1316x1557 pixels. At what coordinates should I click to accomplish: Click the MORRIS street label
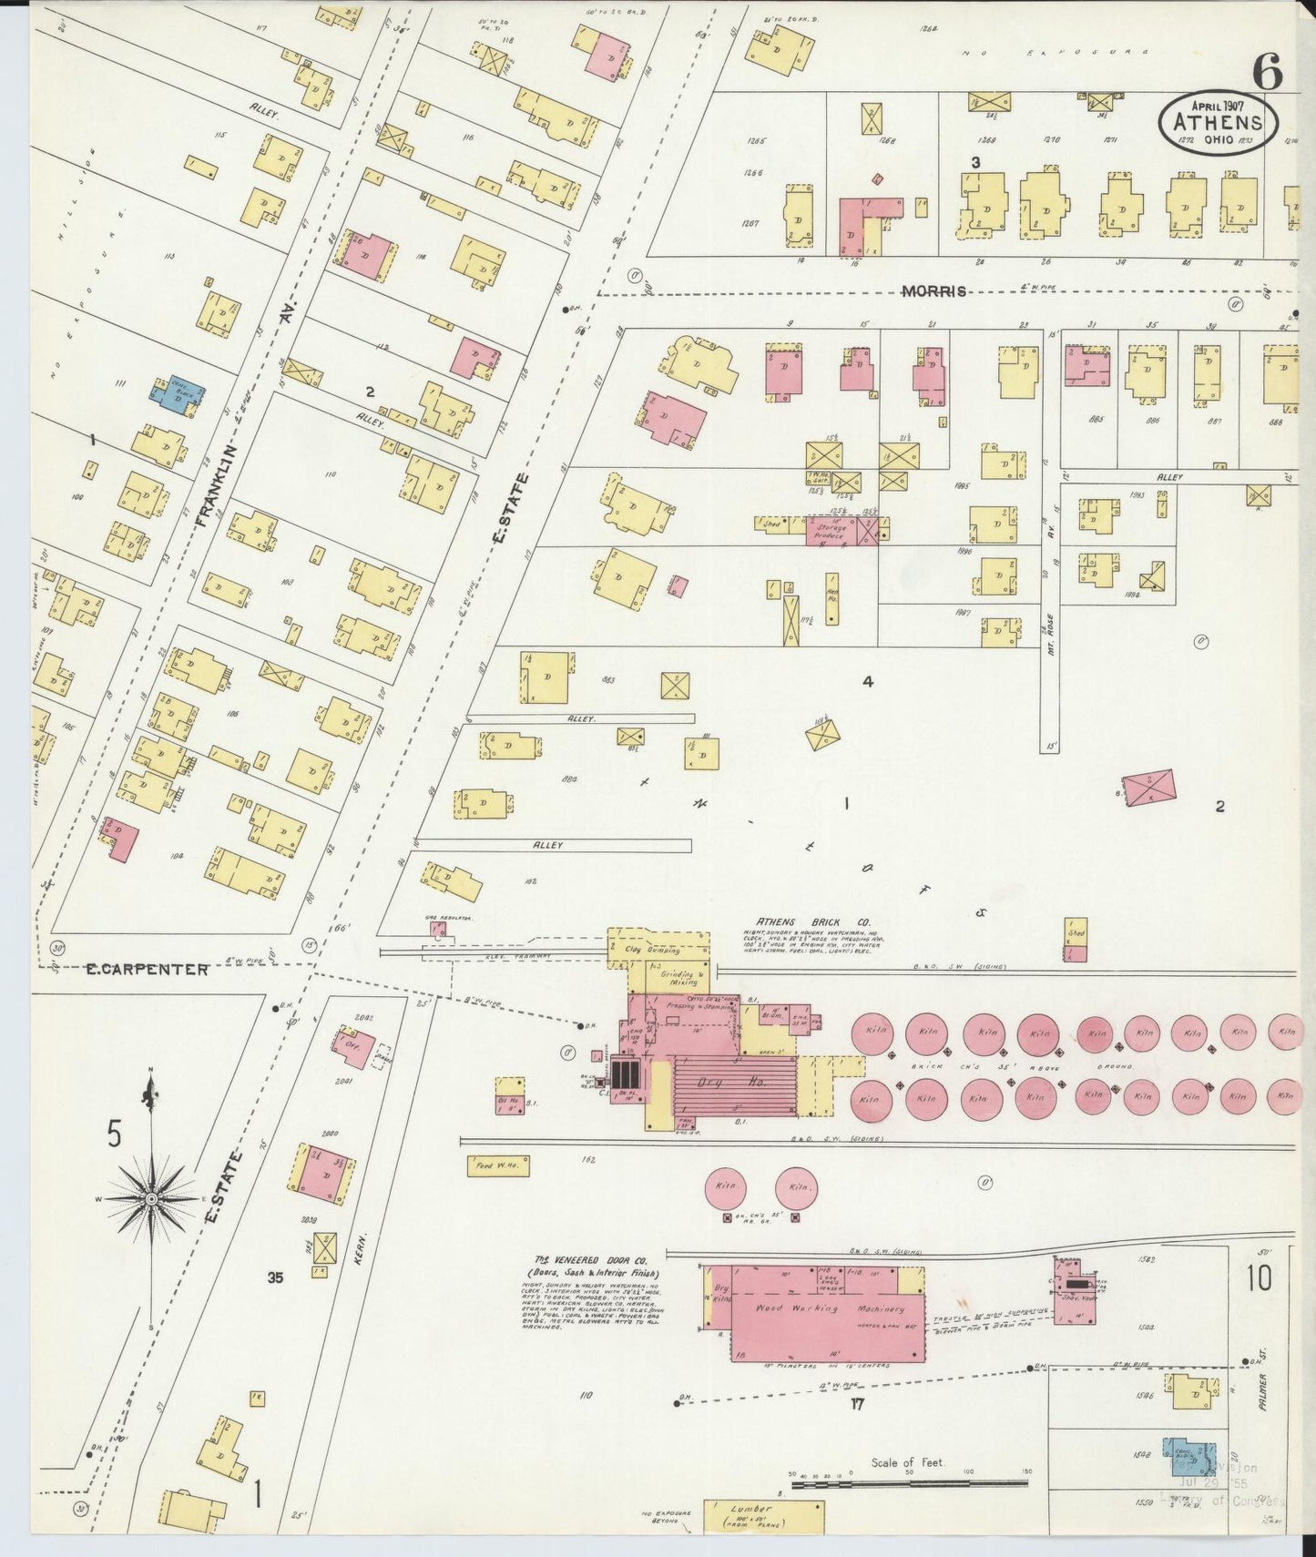coord(933,291)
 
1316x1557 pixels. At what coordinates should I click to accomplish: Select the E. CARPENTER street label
coord(147,970)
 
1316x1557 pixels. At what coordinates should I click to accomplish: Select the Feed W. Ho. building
coord(497,1165)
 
